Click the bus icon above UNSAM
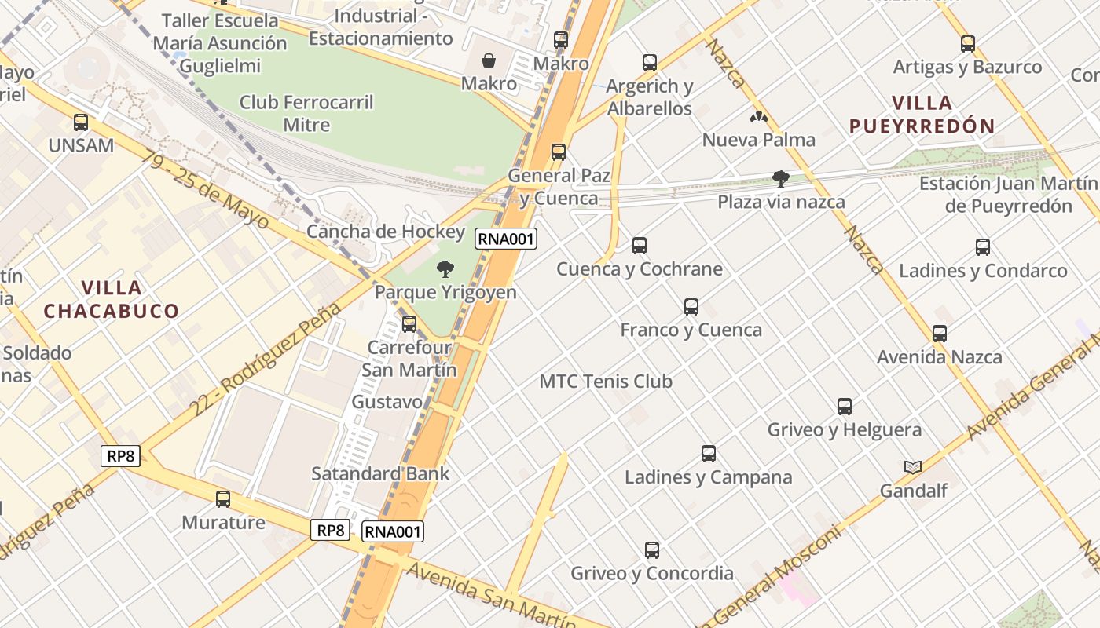(81, 122)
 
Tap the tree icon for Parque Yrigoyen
(445, 269)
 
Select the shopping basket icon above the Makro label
(489, 60)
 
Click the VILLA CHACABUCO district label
(111, 299)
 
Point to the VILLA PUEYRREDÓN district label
(922, 114)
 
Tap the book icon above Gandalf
(912, 467)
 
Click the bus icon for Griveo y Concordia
(651, 550)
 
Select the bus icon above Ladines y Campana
(708, 454)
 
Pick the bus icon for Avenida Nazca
(939, 334)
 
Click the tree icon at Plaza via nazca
(780, 179)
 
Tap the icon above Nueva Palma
(759, 118)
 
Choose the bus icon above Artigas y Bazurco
(967, 44)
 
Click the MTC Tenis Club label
(606, 382)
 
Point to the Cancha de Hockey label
(386, 232)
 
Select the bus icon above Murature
(223, 499)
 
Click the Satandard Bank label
(380, 473)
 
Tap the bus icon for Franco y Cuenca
(691, 307)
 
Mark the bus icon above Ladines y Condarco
(982, 247)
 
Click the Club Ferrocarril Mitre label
(306, 113)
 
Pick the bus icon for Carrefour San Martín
(409, 323)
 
